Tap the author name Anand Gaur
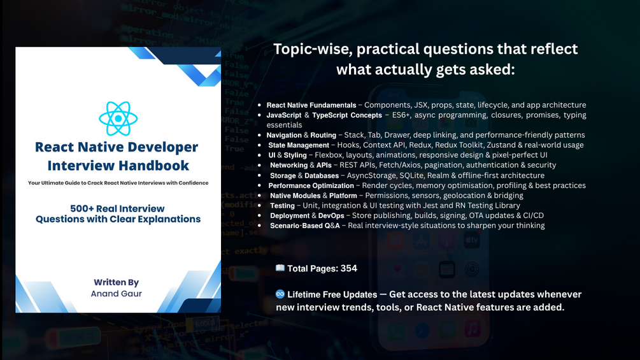(116, 294)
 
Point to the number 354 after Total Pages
(349, 268)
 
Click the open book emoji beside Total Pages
(280, 268)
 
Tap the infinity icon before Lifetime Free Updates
(280, 294)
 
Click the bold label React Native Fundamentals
(311, 105)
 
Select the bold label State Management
(298, 145)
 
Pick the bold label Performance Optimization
(311, 185)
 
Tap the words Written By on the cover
(116, 282)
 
